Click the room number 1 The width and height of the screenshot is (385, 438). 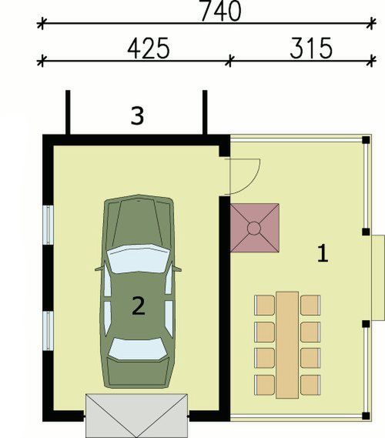click(x=324, y=252)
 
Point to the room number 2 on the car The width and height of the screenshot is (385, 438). click(x=138, y=306)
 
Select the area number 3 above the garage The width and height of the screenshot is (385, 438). click(x=137, y=116)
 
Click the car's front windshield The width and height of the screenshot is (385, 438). click(x=138, y=259)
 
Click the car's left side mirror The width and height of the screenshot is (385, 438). click(x=99, y=269)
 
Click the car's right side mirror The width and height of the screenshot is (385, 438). click(x=177, y=269)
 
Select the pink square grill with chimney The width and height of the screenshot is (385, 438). click(x=254, y=227)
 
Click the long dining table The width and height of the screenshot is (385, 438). click(x=287, y=344)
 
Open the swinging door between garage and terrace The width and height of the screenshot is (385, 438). click(x=245, y=176)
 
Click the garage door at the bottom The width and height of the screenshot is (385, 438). click(x=136, y=415)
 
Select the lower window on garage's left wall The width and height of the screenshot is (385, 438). click(x=47, y=329)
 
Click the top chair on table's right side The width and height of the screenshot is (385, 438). click(x=310, y=305)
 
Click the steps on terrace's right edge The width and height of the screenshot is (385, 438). click(x=377, y=277)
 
